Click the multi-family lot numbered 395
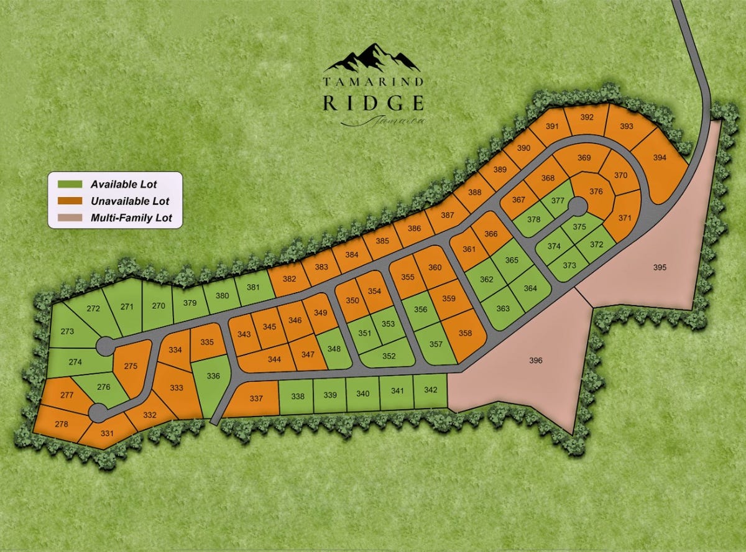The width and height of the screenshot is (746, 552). coord(660,267)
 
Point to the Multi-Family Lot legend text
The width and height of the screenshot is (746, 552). coord(131,218)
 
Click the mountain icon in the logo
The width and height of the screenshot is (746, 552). coord(372,58)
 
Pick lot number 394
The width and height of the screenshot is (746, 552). coord(660,158)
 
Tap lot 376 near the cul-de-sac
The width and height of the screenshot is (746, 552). coord(596,191)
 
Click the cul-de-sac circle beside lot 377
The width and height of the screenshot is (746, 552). coord(579,205)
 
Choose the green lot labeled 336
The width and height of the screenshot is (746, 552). coord(213,376)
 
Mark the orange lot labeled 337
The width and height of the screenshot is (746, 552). coord(256,398)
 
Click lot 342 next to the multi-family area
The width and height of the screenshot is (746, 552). coord(430,390)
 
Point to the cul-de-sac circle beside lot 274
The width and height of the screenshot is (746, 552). coord(105,344)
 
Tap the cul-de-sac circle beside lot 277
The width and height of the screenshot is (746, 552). coord(97,412)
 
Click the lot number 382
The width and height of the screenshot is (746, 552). coord(289,280)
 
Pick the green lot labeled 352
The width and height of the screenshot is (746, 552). coord(389,356)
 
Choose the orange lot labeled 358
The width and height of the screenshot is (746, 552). coord(465,333)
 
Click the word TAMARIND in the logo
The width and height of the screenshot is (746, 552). coord(372,81)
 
